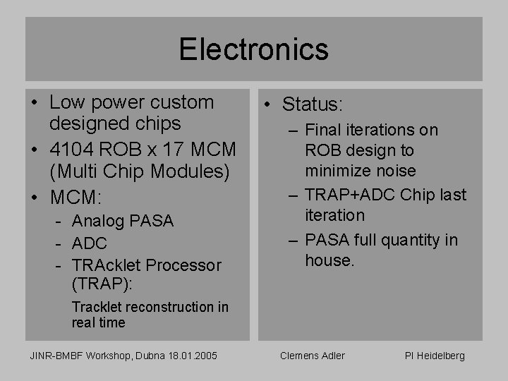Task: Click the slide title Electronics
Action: click(253, 49)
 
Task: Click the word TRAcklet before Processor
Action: click(108, 265)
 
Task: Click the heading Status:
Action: click(312, 105)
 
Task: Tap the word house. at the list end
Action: click(332, 260)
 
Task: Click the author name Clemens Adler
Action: click(312, 356)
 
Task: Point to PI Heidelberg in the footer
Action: click(434, 356)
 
